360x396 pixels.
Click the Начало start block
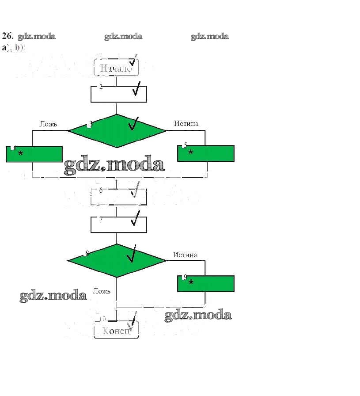click(116, 68)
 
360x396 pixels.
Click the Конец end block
click(116, 331)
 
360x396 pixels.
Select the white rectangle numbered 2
click(118, 94)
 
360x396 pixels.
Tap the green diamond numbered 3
click(117, 130)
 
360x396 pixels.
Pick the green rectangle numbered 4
click(34, 154)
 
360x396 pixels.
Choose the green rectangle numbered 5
click(205, 153)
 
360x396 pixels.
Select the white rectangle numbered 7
click(118, 225)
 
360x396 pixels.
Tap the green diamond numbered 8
click(117, 260)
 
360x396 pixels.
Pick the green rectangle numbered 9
click(205, 284)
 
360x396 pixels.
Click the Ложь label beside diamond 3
click(48, 124)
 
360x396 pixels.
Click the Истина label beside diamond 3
click(186, 123)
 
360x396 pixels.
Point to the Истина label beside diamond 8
click(185, 255)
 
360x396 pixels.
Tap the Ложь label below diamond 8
click(102, 291)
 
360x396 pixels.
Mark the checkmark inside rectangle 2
click(137, 89)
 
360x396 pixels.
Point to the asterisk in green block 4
click(20, 154)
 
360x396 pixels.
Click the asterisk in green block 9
click(191, 282)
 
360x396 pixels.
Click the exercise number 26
click(8, 36)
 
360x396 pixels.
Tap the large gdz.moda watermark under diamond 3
click(114, 165)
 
